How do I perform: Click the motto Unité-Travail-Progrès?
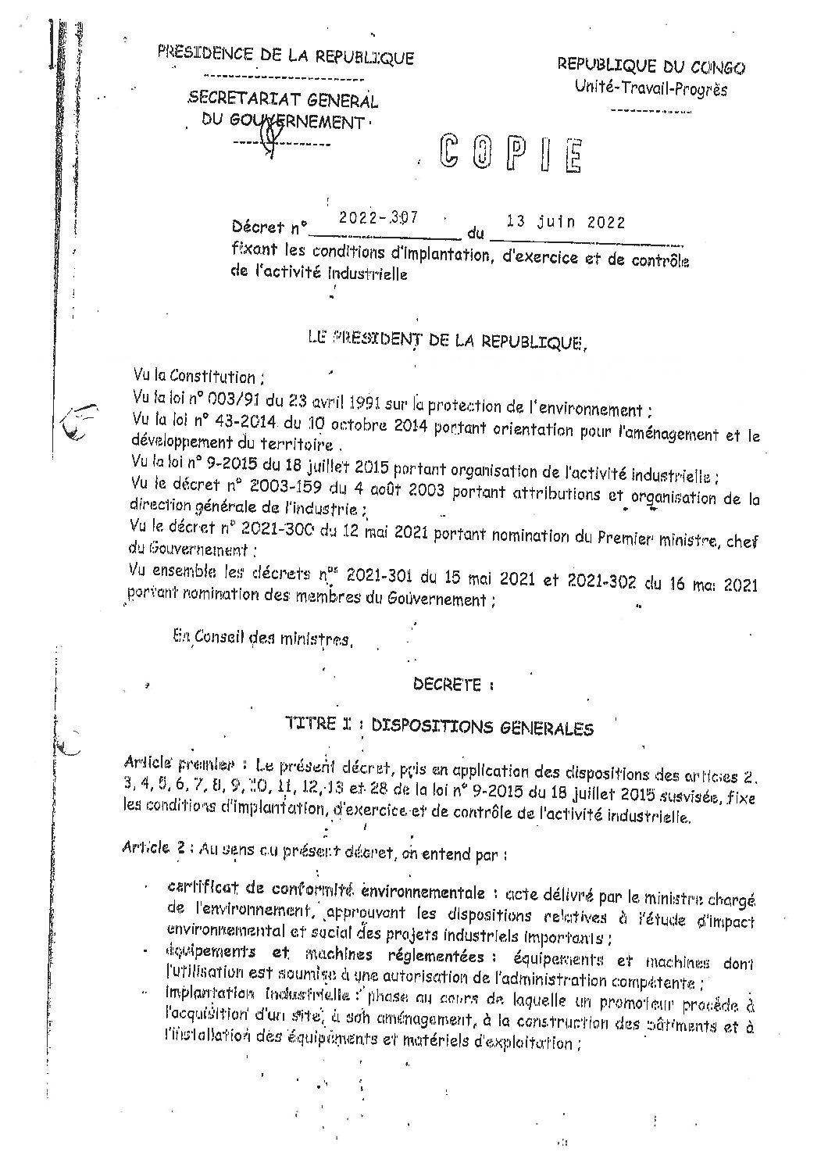click(650, 89)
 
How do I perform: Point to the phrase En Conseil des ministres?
click(262, 638)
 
